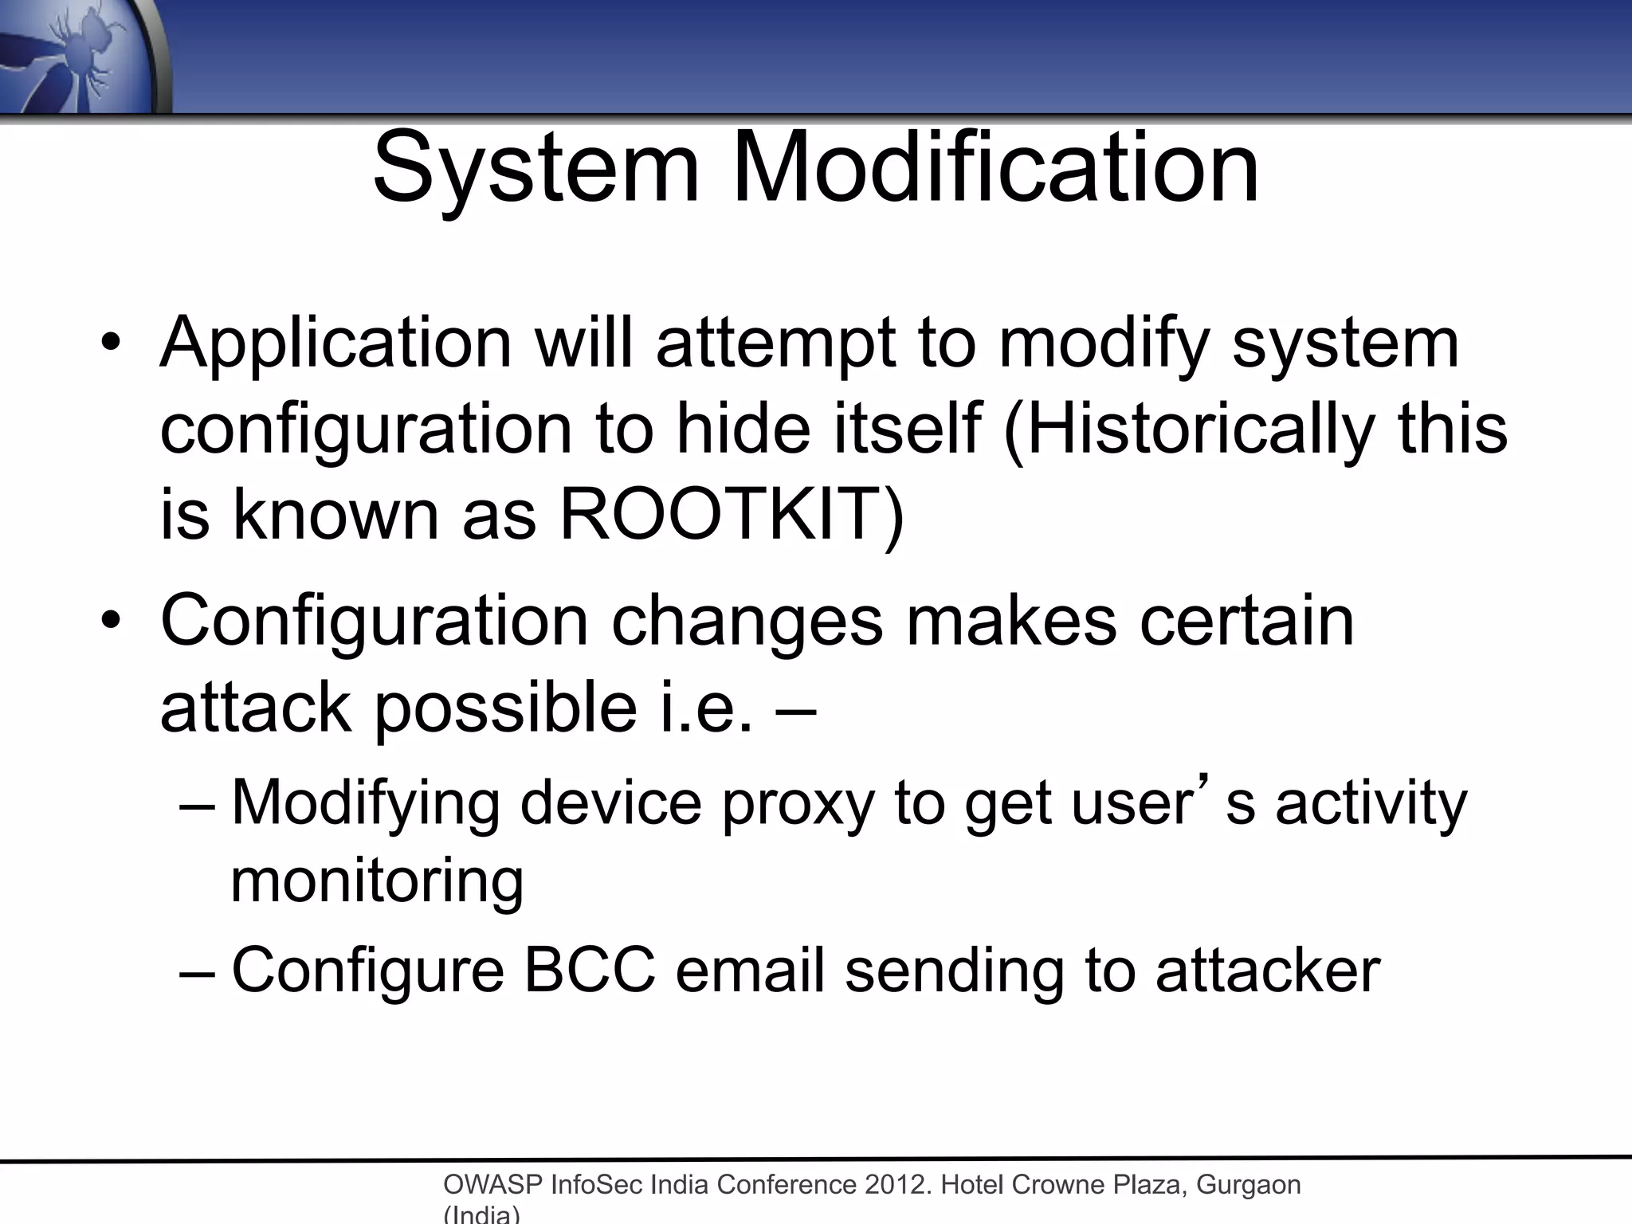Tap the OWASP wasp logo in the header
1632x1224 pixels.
point(80,56)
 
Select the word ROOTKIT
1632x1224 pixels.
point(731,514)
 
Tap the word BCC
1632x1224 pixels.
point(590,970)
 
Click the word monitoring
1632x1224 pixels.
point(377,881)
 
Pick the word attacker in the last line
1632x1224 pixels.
point(1268,970)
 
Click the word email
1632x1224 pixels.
point(749,970)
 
